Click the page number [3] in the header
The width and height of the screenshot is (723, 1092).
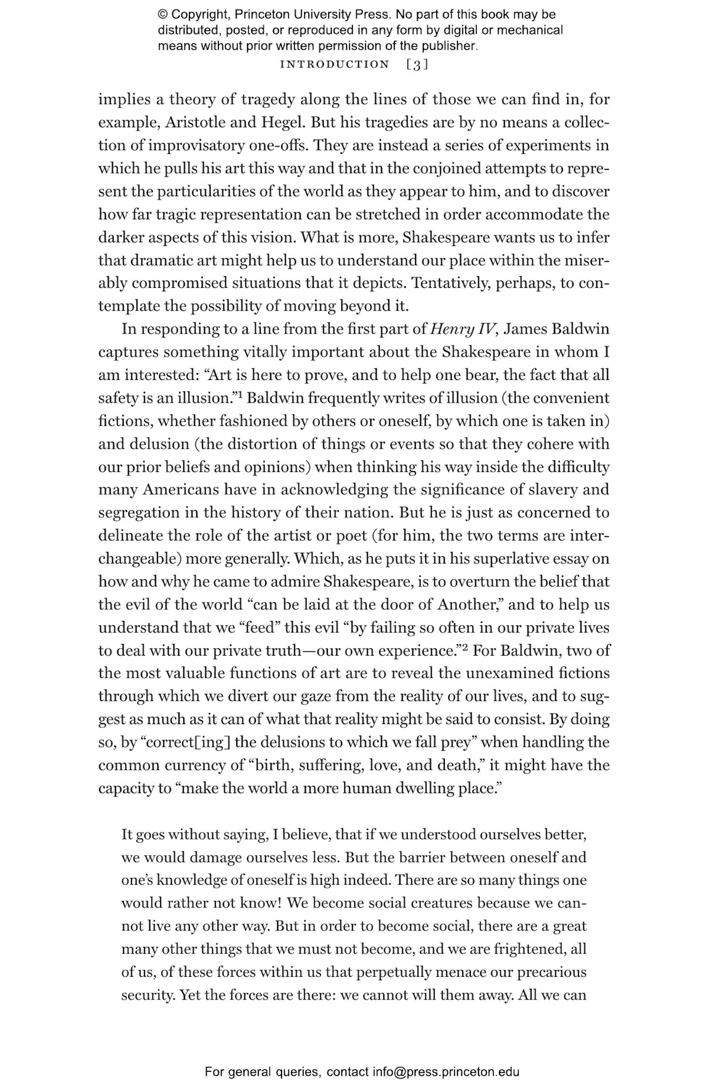coord(417,65)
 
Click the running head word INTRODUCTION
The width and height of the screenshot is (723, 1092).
coord(335,65)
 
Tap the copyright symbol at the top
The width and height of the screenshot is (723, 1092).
coord(162,14)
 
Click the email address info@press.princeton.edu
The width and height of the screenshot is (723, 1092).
coord(446,1072)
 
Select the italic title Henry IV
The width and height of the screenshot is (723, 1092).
coord(463,329)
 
